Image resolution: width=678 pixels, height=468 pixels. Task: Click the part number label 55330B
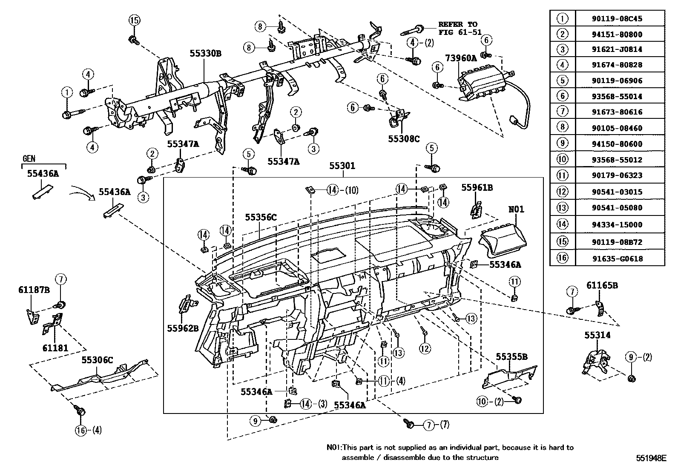206,54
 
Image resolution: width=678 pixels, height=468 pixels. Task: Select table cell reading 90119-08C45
617,19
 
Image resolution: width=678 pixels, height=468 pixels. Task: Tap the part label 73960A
461,58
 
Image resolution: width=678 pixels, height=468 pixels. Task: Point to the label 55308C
404,139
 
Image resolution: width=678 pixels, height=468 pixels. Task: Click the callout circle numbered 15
135,20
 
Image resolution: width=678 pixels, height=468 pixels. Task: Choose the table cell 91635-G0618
617,258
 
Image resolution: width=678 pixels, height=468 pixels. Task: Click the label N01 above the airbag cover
516,209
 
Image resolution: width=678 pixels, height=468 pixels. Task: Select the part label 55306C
97,360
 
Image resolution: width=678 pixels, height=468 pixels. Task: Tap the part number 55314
597,335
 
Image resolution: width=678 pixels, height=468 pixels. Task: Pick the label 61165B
602,285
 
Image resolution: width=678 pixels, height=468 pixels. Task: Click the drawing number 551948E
651,458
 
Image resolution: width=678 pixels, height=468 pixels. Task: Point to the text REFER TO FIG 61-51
460,28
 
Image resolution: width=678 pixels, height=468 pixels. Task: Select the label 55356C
261,217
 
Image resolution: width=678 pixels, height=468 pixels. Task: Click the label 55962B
183,328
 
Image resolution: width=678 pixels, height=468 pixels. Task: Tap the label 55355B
511,357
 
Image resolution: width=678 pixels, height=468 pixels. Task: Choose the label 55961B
477,188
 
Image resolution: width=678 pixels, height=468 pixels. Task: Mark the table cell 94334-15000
617,224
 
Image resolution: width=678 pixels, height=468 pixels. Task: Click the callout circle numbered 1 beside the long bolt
67,92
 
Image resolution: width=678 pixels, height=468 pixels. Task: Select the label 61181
55,348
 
